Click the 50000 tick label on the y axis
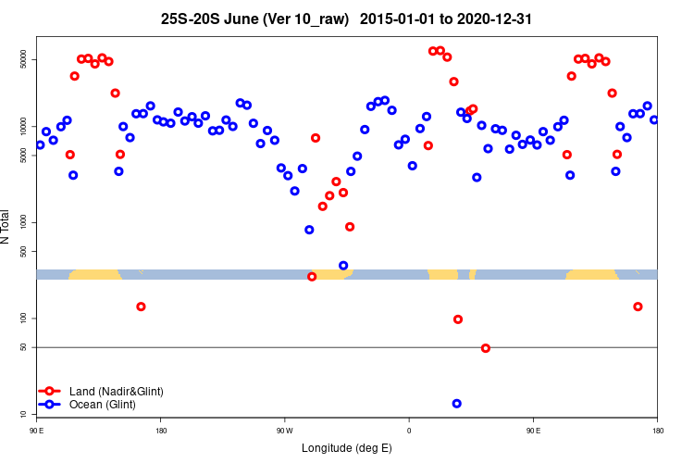(24, 60)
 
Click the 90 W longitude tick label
(284, 430)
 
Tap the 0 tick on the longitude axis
(409, 430)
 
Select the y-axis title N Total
(7, 227)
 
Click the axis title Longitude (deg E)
(347, 448)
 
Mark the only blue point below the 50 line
(456, 404)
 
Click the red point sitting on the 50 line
(486, 348)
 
